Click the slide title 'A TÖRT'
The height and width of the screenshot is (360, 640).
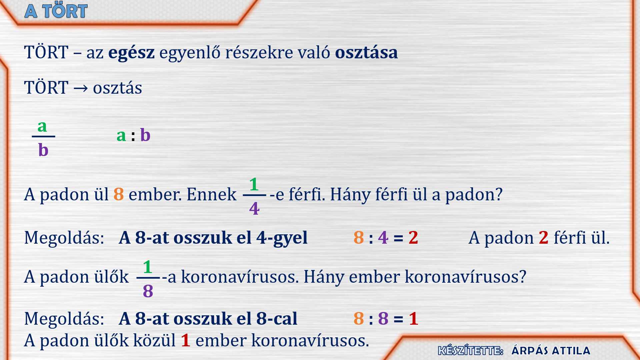click(x=56, y=11)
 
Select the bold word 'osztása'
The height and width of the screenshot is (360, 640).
click(x=366, y=52)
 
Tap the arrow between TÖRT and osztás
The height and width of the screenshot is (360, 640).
click(x=81, y=88)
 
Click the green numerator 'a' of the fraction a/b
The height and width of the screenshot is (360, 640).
click(x=42, y=127)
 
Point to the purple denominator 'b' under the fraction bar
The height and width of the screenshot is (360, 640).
click(x=43, y=150)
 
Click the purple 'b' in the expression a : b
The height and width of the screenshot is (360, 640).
click(x=145, y=135)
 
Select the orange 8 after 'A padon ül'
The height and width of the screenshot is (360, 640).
click(x=119, y=194)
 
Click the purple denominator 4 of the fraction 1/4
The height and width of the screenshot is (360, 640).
click(x=254, y=209)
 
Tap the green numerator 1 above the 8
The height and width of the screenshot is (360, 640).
click(x=148, y=267)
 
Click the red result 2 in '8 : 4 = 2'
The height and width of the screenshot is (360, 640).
click(x=413, y=238)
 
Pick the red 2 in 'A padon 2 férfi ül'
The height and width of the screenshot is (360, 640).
click(x=543, y=238)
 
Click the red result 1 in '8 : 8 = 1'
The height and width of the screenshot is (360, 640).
click(x=414, y=318)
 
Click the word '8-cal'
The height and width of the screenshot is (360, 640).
click(x=277, y=318)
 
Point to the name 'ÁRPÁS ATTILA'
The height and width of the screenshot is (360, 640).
click(x=551, y=351)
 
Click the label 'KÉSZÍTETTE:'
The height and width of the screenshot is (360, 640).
click(x=471, y=350)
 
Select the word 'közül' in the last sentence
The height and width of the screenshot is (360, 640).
click(x=154, y=341)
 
